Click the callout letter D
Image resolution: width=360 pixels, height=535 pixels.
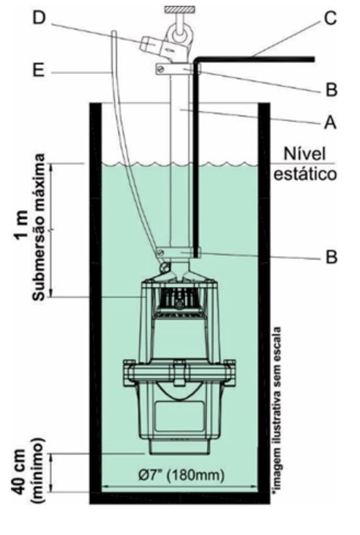pyautogui.click(x=39, y=18)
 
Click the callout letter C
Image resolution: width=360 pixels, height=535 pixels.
pyautogui.click(x=329, y=18)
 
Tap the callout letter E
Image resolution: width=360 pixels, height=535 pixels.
pyautogui.click(x=39, y=71)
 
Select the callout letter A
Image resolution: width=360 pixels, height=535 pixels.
pyautogui.click(x=329, y=122)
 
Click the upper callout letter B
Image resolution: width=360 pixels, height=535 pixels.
pyautogui.click(x=331, y=89)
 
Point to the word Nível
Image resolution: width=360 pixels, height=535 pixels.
pyautogui.click(x=304, y=154)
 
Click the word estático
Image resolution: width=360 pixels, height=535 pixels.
pyautogui.click(x=305, y=174)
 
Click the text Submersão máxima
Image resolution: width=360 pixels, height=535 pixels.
pyautogui.click(x=40, y=227)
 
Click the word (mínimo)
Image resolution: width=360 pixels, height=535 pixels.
pyautogui.click(x=38, y=470)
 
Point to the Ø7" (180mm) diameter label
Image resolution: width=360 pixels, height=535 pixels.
pyautogui.click(x=181, y=475)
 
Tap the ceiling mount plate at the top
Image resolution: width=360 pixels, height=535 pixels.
pyautogui.click(x=179, y=10)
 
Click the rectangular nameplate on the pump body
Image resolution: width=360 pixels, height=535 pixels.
pyautogui.click(x=179, y=416)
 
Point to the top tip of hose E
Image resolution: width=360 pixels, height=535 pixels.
pyautogui.click(x=114, y=31)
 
